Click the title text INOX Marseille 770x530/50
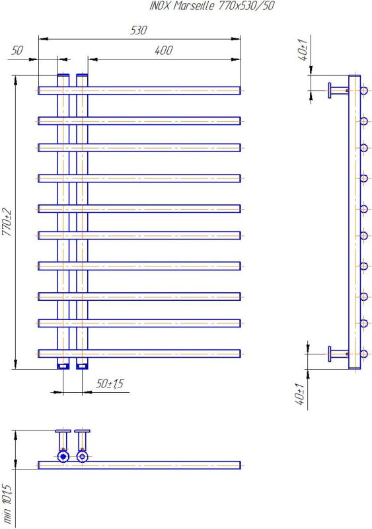(212, 6)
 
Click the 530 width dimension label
(139, 30)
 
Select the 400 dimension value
(164, 50)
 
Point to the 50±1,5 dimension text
(110, 384)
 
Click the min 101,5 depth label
(7, 504)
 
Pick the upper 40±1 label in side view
(303, 50)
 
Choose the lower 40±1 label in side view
(299, 393)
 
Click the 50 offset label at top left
(17, 50)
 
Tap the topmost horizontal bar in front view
(139, 91)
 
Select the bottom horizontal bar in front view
(139, 354)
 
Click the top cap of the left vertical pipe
(63, 75)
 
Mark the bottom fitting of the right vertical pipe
(83, 366)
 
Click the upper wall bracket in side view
(338, 91)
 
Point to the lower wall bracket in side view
(338, 354)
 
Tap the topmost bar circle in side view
(364, 91)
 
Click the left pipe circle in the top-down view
(63, 457)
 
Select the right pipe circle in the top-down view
(83, 457)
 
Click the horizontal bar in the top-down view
(139, 466)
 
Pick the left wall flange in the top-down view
(63, 431)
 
